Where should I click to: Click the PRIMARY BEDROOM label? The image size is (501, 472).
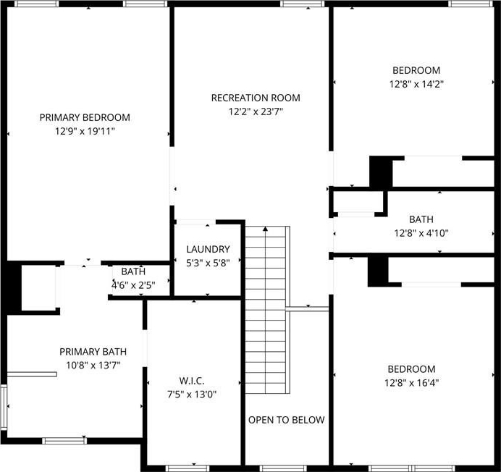pyautogui.click(x=85, y=117)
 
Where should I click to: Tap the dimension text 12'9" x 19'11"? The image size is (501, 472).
pyautogui.click(x=85, y=131)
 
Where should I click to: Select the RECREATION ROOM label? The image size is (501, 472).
pyautogui.click(x=256, y=98)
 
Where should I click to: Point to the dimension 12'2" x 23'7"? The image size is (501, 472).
pyautogui.click(x=256, y=112)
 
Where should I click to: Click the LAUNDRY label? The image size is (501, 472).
pyautogui.click(x=208, y=249)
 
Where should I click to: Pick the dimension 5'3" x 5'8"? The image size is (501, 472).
pyautogui.click(x=208, y=263)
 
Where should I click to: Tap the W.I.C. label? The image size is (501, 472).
pyautogui.click(x=192, y=381)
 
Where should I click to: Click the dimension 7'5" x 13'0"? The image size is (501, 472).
pyautogui.click(x=192, y=395)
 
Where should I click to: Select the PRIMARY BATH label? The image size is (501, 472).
pyautogui.click(x=93, y=352)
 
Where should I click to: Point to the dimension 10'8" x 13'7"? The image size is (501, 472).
pyautogui.click(x=93, y=366)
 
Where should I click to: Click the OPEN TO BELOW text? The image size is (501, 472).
pyautogui.click(x=286, y=420)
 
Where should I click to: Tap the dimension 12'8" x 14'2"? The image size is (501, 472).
pyautogui.click(x=416, y=85)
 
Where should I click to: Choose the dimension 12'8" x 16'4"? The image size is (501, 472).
pyautogui.click(x=411, y=383)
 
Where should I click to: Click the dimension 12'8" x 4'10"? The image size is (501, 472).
pyautogui.click(x=421, y=233)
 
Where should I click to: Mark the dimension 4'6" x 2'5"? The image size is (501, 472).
pyautogui.click(x=133, y=285)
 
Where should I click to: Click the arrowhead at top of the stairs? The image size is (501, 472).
pyautogui.click(x=265, y=229)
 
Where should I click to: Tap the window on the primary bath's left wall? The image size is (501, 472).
pyautogui.click(x=4, y=407)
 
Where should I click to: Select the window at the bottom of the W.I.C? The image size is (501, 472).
pyautogui.click(x=188, y=468)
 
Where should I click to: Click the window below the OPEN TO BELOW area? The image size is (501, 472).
pyautogui.click(x=283, y=468)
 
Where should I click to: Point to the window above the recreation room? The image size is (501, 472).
pyautogui.click(x=303, y=4)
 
